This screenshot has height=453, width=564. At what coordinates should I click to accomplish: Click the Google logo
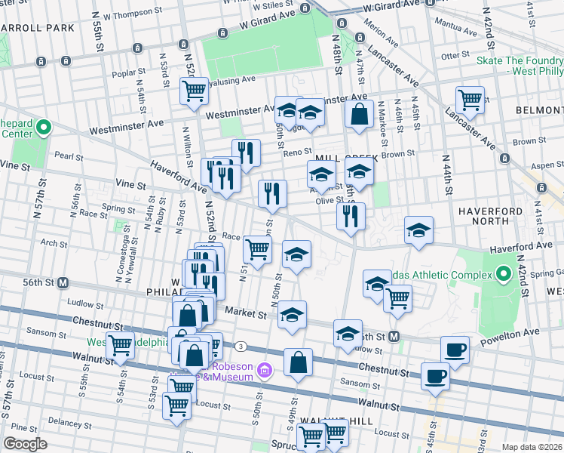(x=26, y=443)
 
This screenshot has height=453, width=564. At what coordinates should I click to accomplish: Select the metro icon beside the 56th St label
(x=64, y=282)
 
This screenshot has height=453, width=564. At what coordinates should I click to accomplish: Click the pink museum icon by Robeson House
(x=264, y=370)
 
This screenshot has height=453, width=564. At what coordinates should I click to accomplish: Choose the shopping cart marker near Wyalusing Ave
(x=195, y=91)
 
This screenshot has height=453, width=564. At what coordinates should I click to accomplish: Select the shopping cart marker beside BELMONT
(x=470, y=99)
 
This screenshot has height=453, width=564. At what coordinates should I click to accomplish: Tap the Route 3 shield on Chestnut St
(x=240, y=346)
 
